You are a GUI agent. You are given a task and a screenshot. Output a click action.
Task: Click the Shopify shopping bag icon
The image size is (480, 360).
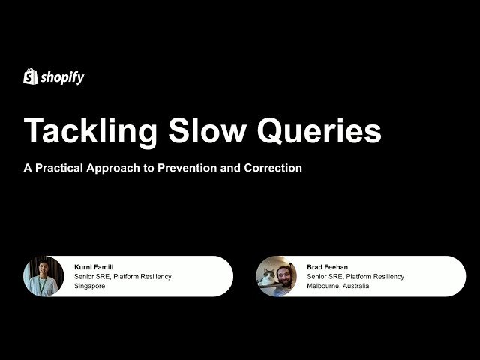pyautogui.click(x=31, y=76)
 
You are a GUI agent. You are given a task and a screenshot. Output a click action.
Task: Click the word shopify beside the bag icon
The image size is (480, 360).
pyautogui.click(x=62, y=77)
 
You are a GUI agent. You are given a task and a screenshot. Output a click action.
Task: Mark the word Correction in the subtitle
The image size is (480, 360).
pyautogui.click(x=273, y=168)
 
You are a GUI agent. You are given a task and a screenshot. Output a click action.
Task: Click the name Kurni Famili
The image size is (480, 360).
pyautogui.click(x=94, y=266)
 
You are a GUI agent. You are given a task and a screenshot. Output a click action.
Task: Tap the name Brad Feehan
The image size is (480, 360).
pyautogui.click(x=326, y=266)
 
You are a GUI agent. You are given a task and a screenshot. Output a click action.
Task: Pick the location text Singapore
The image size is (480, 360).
pyautogui.click(x=90, y=286)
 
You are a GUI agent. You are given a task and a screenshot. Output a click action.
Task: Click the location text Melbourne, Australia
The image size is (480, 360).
pyautogui.click(x=337, y=286)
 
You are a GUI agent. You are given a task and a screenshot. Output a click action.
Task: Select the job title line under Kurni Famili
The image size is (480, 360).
pyautogui.click(x=123, y=276)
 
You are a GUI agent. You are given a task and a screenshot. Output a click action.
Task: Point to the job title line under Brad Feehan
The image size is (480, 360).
pyautogui.click(x=355, y=276)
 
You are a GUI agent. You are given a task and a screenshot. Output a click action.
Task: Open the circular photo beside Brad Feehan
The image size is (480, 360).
pyautogui.click(x=276, y=276)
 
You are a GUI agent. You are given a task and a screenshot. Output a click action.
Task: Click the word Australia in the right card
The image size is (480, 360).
pyautogui.click(x=355, y=286)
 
